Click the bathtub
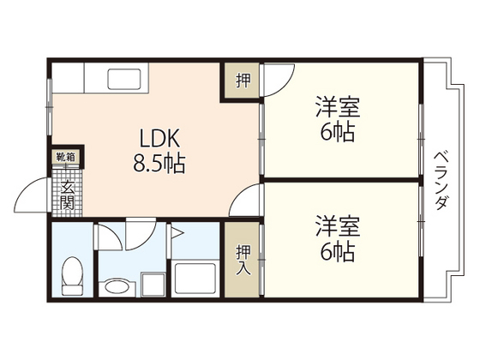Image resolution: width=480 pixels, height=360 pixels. [x=196, y=279]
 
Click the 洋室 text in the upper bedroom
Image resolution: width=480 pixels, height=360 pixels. [x=337, y=108]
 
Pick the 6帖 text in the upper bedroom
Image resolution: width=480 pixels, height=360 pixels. [x=337, y=133]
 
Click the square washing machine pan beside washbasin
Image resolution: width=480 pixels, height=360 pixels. [x=152, y=283]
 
